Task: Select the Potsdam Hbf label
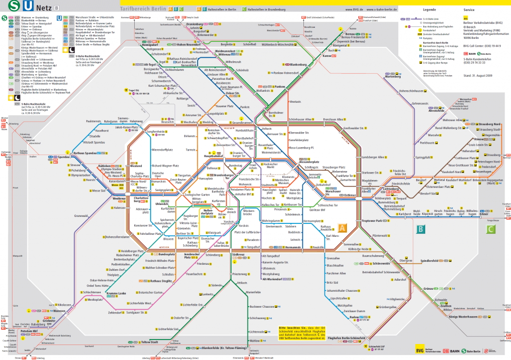coord(28,331)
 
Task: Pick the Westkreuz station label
coord(119,198)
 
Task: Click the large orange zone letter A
coord(342,229)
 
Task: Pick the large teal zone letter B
coord(421,229)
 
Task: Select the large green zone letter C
coord(491,229)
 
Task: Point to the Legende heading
coord(430,9)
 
